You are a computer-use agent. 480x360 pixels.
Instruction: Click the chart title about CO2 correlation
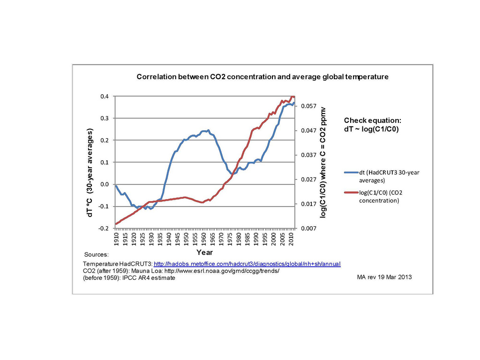(262, 77)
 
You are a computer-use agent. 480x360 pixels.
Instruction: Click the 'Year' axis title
(204, 252)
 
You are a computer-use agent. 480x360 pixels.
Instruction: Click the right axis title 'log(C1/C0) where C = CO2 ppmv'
(323, 162)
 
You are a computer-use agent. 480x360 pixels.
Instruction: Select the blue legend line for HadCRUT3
(351, 172)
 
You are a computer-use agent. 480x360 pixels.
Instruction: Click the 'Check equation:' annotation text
(373, 120)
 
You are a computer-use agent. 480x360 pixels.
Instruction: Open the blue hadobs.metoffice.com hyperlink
(247, 264)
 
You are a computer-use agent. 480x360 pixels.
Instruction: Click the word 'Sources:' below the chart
(96, 255)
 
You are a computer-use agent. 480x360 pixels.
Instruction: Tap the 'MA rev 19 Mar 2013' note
(384, 277)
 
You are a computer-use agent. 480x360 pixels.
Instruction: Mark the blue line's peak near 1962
(208, 130)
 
